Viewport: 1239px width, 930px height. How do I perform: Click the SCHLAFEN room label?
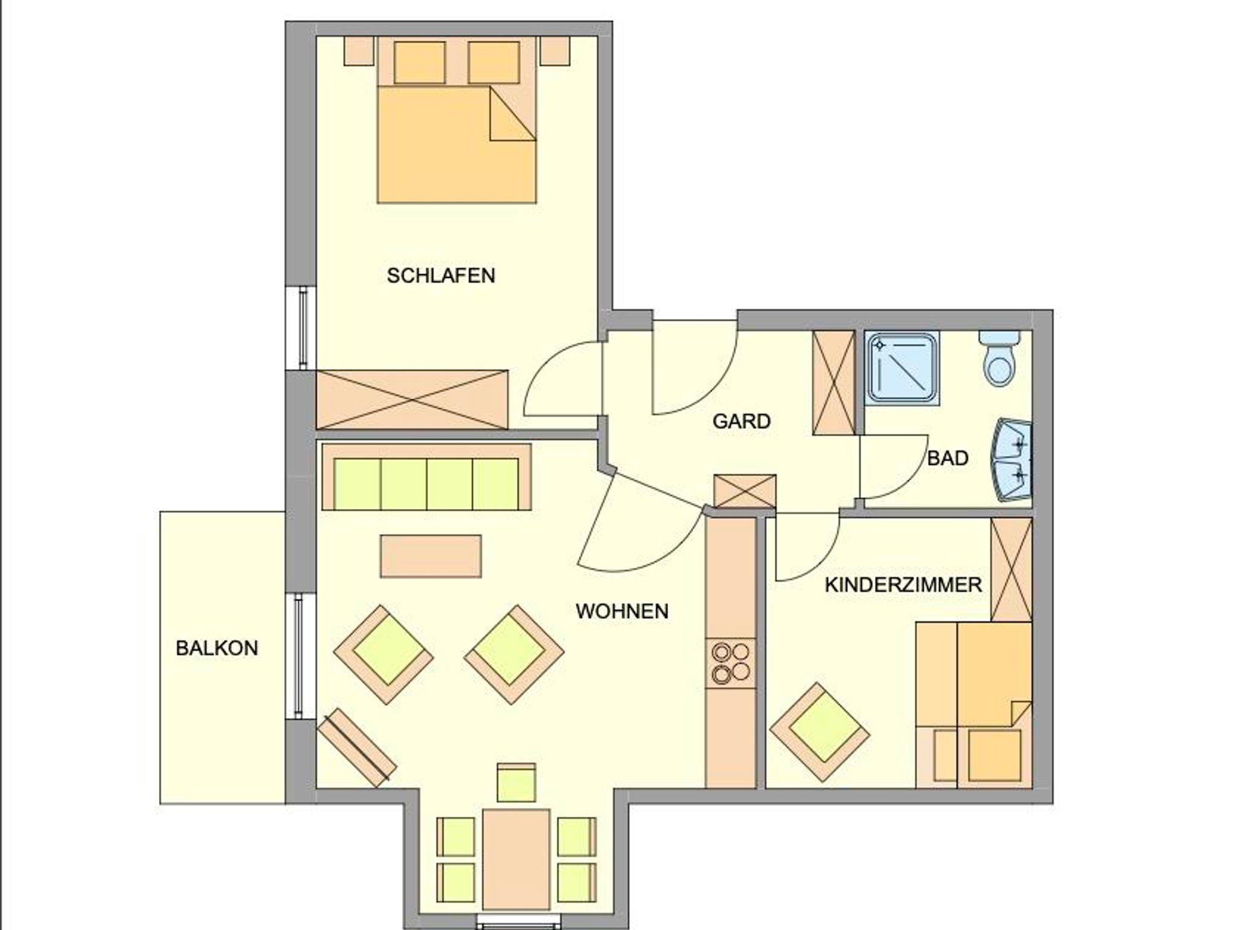[x=441, y=276]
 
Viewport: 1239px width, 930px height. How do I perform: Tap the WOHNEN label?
[x=622, y=611]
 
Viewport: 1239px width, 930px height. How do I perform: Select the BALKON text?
[x=217, y=648]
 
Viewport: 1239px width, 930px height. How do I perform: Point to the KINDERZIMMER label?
[x=903, y=585]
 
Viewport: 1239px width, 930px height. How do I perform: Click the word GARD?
[x=741, y=421]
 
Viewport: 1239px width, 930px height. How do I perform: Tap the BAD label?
[x=947, y=458]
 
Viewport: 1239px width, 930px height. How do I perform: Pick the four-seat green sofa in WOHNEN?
[x=427, y=477]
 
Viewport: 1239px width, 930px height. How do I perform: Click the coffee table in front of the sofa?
[x=431, y=556]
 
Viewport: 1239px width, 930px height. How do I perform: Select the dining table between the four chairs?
[x=516, y=859]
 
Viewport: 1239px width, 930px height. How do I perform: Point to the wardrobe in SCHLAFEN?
[x=412, y=400]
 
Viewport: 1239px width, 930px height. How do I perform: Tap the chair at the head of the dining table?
[x=516, y=783]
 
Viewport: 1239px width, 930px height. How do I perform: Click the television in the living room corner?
[x=357, y=747]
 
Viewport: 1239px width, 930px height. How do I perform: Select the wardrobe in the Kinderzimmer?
[x=1011, y=570]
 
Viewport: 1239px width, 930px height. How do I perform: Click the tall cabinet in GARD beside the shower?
[x=834, y=383]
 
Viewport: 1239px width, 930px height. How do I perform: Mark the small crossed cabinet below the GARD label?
[x=745, y=491]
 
